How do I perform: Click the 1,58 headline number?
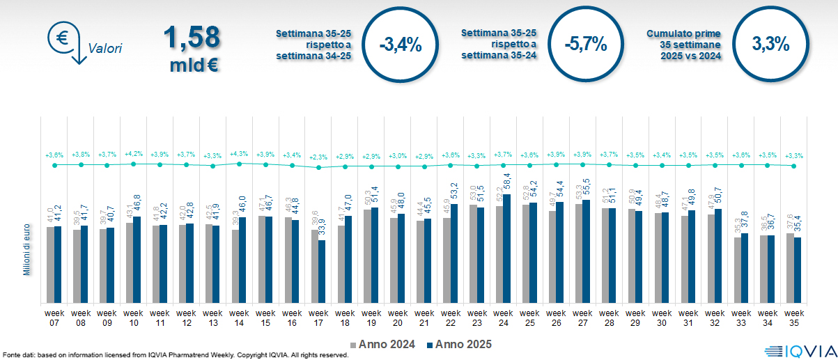coord(192,37)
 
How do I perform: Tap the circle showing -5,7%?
coord(586,45)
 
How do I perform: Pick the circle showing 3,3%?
coord(770,45)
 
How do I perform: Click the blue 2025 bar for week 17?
coord(322,272)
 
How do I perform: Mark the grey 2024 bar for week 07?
coord(50,265)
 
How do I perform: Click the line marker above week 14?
coord(239,164)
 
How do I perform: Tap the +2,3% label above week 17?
coord(318,157)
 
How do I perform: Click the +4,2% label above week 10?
coord(133,153)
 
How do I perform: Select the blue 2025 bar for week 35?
coord(798,270)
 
